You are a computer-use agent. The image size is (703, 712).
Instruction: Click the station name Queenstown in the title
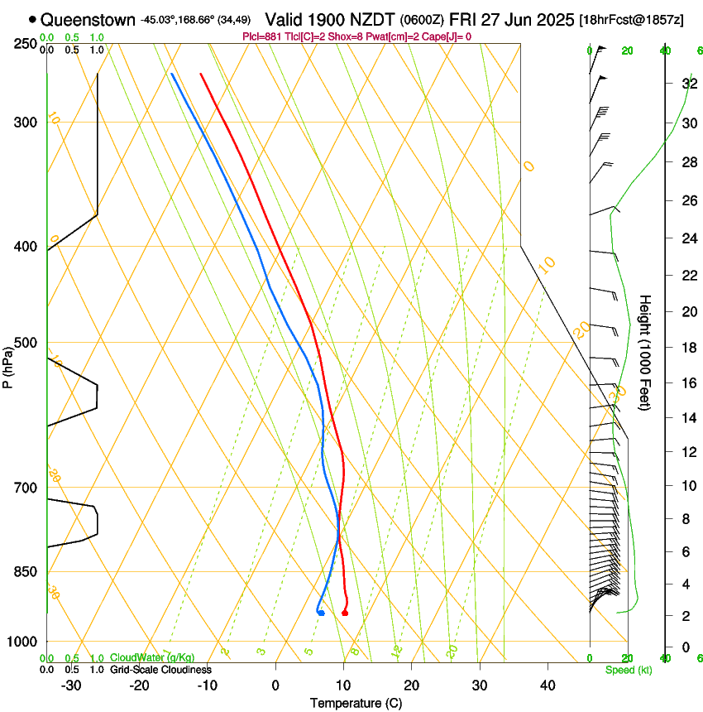88,19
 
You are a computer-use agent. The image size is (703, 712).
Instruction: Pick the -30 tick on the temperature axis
71,685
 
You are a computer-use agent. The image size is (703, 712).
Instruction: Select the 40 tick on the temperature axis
547,685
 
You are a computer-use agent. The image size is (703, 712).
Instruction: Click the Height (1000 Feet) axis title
646,352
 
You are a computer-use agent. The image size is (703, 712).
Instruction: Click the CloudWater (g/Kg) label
152,658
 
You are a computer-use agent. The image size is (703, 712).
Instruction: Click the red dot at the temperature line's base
344,613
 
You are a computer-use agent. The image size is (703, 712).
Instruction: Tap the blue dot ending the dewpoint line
320,613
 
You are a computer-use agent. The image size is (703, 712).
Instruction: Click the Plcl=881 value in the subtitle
264,36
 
